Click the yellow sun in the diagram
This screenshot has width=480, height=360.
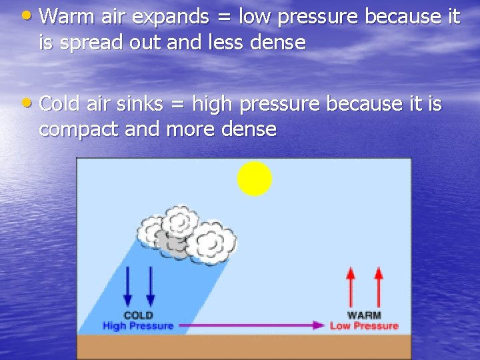[x=255, y=179]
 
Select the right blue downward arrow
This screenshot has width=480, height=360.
[x=150, y=286]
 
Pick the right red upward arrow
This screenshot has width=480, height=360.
[x=379, y=286]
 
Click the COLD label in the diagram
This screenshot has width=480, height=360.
[x=138, y=315]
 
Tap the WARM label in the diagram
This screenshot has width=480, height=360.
[x=364, y=315]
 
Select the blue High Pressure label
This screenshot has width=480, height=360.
[x=138, y=326]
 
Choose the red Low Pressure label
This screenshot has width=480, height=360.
[x=364, y=326]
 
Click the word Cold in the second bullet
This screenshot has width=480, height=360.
[x=63, y=104]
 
